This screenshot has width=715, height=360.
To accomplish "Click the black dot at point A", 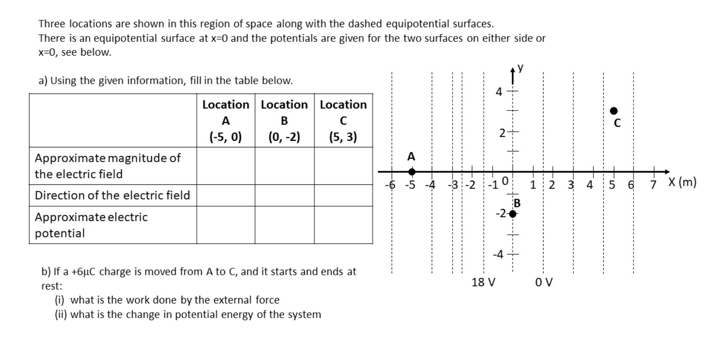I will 412,172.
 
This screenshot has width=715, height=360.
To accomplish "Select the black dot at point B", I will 513,214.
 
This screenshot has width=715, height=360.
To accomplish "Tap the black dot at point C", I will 614,110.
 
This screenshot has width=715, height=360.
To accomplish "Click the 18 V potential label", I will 483,282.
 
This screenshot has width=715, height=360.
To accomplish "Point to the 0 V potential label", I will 544,282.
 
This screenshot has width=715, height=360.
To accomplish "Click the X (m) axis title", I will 682,182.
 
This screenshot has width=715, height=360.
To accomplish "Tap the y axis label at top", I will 520,68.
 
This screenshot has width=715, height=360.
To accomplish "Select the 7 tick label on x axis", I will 654,184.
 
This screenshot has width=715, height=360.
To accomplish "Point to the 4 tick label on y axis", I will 499,92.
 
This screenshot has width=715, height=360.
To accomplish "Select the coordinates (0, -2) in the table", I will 284,137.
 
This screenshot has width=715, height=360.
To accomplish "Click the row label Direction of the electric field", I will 112,195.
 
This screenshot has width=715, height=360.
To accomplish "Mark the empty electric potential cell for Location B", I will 284,225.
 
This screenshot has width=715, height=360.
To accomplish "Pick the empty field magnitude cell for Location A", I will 226,166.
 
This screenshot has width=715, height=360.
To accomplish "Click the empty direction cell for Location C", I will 343,195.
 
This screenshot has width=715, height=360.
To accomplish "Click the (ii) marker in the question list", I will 61,315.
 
